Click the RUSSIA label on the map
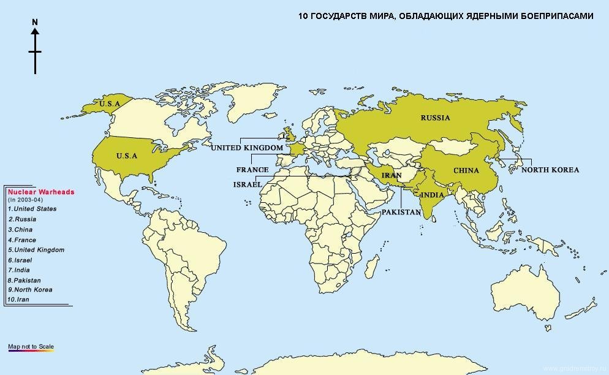435,118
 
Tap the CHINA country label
466,170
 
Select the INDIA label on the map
433,195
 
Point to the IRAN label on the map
391,175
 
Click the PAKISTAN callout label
401,212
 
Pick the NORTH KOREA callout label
550,170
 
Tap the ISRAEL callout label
248,184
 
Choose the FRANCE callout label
252,170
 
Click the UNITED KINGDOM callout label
247,148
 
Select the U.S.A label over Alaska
110,104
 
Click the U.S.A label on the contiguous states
127,156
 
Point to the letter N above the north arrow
35,23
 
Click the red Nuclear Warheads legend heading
41,192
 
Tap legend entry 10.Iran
19,300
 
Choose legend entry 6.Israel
20,260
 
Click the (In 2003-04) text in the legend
25,200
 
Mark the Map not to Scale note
31,347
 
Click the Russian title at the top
445,16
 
